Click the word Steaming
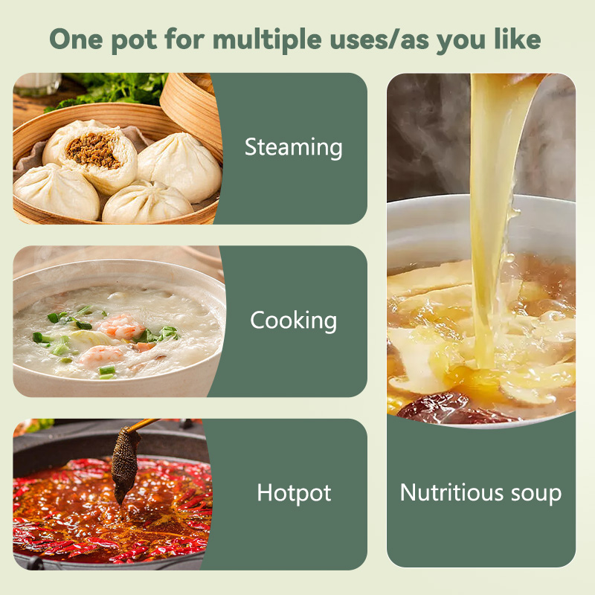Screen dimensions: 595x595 293,147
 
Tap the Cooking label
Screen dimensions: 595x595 293,321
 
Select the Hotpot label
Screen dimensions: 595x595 294,493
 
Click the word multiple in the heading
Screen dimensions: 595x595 267,40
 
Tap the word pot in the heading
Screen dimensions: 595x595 134,41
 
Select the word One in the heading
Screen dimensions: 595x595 77,39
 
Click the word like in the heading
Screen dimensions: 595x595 518,39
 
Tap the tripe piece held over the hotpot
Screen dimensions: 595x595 124,462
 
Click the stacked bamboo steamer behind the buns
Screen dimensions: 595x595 192,110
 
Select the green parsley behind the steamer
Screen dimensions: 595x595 114,89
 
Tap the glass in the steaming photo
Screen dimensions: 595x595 37,83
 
